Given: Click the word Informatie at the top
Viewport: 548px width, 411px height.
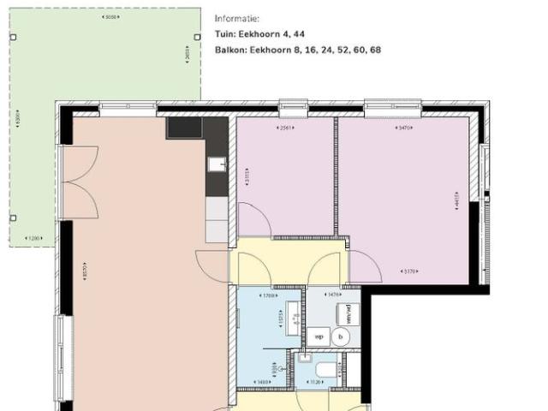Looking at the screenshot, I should point(237,18).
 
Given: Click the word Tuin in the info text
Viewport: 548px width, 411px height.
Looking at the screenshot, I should point(224,34).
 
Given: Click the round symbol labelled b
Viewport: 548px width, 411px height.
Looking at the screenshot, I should point(341,337).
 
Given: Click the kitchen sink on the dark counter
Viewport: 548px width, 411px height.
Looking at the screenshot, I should point(217,164).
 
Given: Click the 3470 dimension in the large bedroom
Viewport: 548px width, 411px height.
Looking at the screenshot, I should point(404,128).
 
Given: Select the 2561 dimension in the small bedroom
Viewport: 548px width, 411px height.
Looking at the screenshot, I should point(284,128).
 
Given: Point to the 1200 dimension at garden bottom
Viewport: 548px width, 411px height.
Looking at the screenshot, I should point(34,238).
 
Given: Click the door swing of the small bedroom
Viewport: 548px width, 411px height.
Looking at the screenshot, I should point(253,219).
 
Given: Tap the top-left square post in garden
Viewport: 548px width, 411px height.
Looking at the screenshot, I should point(13,38).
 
